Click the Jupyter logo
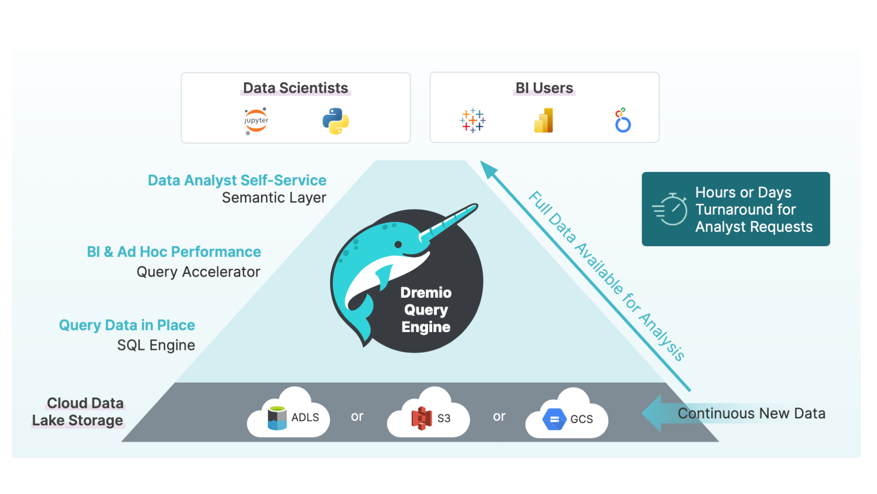pos(256,121)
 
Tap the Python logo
pos(336,121)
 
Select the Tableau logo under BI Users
pos(473,121)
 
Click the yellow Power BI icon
pos(544,121)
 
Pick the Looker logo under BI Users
pos(623,121)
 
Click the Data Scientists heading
pos(295,88)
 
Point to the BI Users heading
pos(544,88)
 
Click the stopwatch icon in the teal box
pos(671,209)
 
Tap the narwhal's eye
pos(398,245)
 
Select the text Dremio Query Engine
pos(426,310)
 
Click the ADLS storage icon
pos(277,418)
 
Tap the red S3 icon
pos(422,418)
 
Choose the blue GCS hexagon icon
pos(554,419)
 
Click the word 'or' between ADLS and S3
pos(357,416)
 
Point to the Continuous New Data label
pos(751,413)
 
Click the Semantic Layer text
pos(274,198)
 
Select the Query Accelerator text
pos(198,272)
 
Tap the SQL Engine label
pos(156,345)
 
